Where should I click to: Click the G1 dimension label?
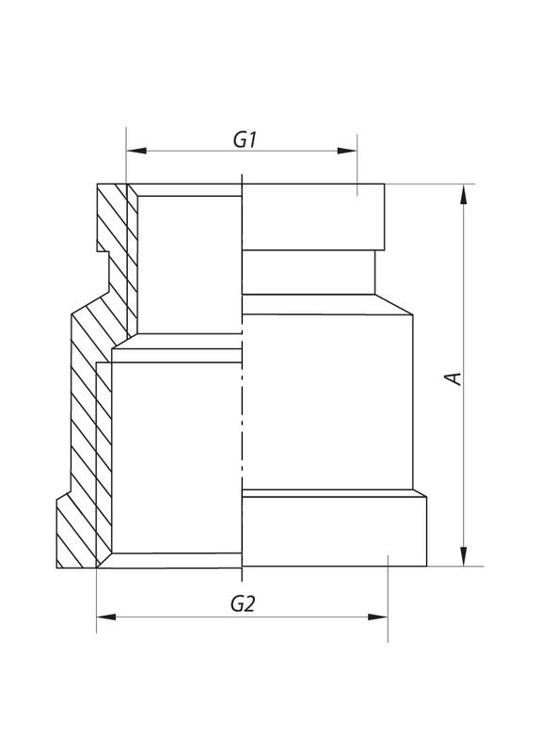coord(245,139)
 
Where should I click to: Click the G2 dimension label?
coord(243,605)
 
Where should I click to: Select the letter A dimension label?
coord(453,377)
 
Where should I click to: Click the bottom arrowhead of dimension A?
coord(462,559)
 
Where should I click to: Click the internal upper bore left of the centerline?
coord(188,264)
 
